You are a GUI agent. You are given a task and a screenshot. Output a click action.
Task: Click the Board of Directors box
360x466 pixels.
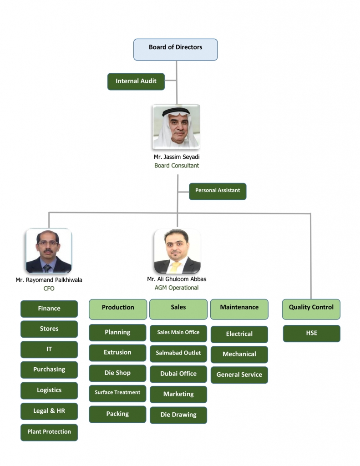pyautogui.click(x=175, y=50)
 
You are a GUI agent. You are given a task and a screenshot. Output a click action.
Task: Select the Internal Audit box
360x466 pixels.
pyautogui.click(x=136, y=81)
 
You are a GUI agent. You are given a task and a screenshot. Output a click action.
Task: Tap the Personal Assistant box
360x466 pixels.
pyautogui.click(x=218, y=192)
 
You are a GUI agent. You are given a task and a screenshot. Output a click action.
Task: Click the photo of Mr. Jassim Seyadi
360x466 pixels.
pyautogui.click(x=176, y=127)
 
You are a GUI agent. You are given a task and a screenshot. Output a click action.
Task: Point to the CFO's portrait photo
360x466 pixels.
pyautogui.click(x=49, y=251)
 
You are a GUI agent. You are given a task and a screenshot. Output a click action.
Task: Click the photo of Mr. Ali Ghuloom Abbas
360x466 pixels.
pyautogui.click(x=177, y=251)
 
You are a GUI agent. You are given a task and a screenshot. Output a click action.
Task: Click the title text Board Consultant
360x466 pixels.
pyautogui.click(x=177, y=166)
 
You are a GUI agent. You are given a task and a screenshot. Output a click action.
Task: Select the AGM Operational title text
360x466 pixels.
pyautogui.click(x=177, y=288)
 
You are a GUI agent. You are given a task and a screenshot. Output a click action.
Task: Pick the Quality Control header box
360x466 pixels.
pyautogui.click(x=311, y=309)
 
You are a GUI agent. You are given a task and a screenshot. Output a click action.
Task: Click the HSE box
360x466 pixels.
pyautogui.click(x=312, y=334)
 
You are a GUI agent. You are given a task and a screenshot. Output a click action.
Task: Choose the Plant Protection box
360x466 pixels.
pyautogui.click(x=49, y=432)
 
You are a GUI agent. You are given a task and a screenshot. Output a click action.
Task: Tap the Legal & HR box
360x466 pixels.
pyautogui.click(x=49, y=411)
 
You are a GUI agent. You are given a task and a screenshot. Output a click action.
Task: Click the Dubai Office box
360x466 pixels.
pyautogui.click(x=178, y=374)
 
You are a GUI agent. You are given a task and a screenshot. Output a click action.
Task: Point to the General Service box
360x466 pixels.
pyautogui.click(x=239, y=375)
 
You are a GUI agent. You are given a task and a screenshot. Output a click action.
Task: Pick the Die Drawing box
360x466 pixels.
pyautogui.click(x=178, y=415)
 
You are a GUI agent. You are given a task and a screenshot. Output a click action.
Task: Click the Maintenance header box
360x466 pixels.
pyautogui.click(x=239, y=309)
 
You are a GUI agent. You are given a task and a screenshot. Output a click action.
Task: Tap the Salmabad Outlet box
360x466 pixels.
pyautogui.click(x=178, y=354)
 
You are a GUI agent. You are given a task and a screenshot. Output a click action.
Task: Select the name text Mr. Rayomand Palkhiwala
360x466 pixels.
pyautogui.click(x=49, y=280)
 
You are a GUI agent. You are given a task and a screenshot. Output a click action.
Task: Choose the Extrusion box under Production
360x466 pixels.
pyautogui.click(x=117, y=353)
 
